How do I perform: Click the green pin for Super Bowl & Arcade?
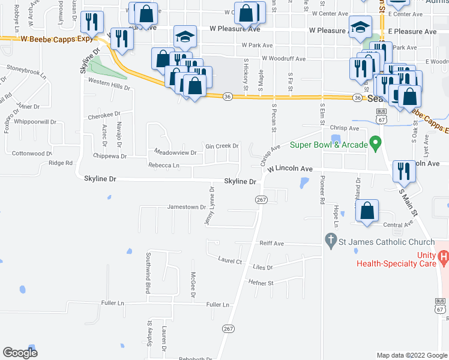[x=376, y=144]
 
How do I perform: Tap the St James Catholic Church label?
[x=387, y=242]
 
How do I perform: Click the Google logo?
[x=20, y=353]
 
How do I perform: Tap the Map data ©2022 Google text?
[x=412, y=355]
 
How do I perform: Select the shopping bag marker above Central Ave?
[x=367, y=211]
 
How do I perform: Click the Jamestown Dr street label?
[x=186, y=207]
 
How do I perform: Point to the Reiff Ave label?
[x=271, y=244]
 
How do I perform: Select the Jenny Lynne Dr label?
[x=211, y=206]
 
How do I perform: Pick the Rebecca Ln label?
[x=164, y=165]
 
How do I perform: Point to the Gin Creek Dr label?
[x=222, y=146]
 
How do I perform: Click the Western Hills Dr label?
[x=109, y=86]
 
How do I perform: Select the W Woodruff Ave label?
[x=283, y=59]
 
